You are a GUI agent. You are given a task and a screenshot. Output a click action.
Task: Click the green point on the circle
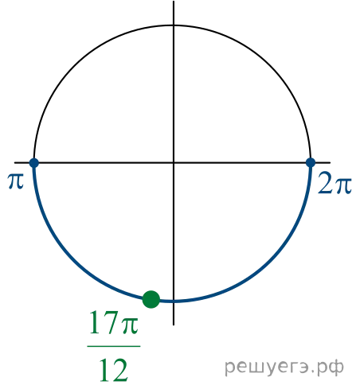point(151,299)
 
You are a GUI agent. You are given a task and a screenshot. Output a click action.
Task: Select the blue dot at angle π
point(34,162)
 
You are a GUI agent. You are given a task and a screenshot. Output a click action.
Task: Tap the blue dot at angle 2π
point(311,162)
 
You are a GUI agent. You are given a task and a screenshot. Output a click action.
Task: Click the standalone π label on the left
point(16,181)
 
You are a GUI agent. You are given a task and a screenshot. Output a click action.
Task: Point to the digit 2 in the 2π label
point(325,183)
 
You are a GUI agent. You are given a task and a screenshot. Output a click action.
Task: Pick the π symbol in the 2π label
point(343,185)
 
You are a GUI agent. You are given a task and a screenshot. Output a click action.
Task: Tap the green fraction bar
point(114,346)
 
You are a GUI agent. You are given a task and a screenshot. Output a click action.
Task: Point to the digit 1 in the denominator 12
point(105,370)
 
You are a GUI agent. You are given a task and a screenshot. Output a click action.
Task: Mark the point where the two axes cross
point(174,162)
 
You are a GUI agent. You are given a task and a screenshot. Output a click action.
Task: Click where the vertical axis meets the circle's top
point(174,25)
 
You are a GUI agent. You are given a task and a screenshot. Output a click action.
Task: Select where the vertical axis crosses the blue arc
point(174,301)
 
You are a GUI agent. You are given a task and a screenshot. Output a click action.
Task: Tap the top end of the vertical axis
point(174,1)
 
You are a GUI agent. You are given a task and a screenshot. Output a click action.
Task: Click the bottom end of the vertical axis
point(174,325)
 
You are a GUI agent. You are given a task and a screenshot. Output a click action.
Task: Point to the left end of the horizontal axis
point(15,162)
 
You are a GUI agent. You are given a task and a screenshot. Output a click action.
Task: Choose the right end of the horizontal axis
point(331,162)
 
